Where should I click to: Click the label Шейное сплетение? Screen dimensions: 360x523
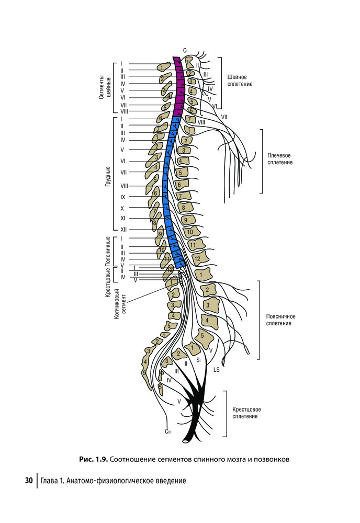240,81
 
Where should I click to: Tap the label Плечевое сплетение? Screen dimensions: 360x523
279,159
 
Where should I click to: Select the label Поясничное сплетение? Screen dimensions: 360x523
280,320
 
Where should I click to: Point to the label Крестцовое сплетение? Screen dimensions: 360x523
246,413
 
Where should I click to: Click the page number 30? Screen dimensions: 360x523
29,481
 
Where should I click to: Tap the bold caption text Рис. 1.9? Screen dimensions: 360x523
94,459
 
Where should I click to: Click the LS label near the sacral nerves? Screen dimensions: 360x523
216,370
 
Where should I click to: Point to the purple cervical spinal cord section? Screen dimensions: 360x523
179,87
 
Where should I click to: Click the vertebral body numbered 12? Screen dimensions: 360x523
197,258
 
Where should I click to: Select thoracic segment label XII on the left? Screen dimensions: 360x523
123,230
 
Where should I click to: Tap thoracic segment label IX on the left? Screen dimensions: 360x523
123,197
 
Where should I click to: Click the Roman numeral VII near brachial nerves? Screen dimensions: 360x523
224,117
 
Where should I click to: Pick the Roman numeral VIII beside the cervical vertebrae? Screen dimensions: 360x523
201,122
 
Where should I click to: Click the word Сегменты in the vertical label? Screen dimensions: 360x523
102,87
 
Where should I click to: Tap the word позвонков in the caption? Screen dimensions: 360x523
272,459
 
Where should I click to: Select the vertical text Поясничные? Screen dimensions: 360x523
108,251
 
